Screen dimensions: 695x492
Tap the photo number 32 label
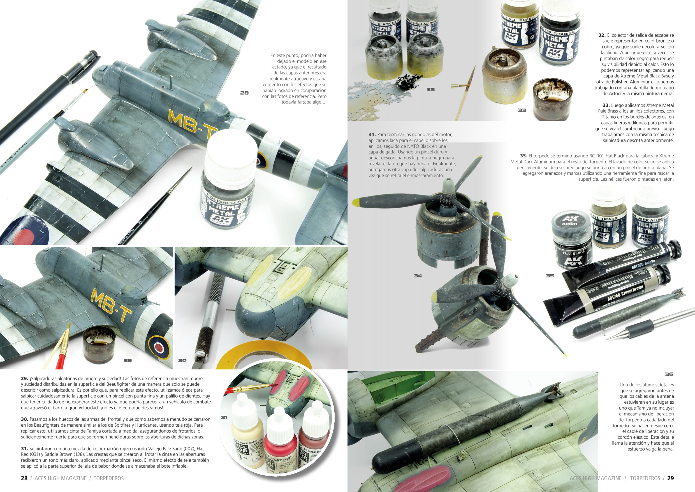coord(430,89)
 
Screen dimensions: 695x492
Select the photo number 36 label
coord(669,374)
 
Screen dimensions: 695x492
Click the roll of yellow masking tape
coord(263,353)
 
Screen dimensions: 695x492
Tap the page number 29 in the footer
coord(671,478)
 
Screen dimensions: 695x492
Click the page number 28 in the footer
coord(24,478)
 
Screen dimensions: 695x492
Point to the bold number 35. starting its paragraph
coord(524,156)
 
